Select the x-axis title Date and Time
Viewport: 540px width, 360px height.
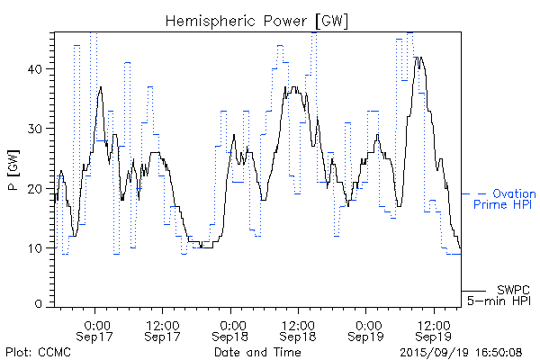coord(257,352)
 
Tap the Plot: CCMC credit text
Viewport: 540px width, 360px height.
coord(34,352)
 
